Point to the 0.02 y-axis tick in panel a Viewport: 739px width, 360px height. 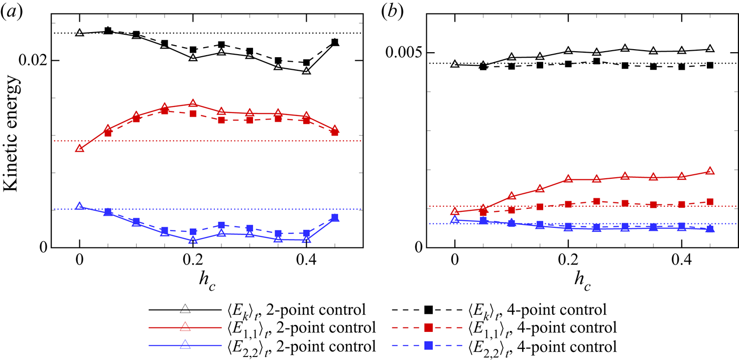coord(33,60)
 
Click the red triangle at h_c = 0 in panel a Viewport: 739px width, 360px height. coord(79,148)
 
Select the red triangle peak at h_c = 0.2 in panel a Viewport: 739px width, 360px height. coord(193,103)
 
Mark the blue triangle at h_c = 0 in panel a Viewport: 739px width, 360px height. coord(79,206)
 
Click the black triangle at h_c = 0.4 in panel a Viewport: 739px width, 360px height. coord(306,71)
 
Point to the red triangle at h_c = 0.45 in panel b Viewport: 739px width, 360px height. coord(710,171)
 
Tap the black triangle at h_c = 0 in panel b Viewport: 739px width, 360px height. coord(455,64)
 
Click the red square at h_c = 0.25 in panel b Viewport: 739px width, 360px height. coord(596,201)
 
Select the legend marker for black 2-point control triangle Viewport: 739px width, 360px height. coord(185,308)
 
